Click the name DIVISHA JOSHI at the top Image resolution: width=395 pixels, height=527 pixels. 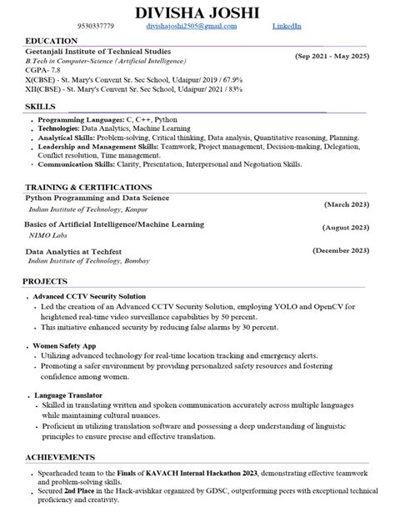[197, 12]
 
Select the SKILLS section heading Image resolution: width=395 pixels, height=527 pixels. [41, 107]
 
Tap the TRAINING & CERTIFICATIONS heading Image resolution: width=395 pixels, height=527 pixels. [88, 187]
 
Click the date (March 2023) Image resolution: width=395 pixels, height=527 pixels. [347, 203]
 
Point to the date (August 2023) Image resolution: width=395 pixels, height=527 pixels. [345, 227]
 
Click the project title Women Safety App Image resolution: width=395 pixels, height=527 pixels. [65, 344]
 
